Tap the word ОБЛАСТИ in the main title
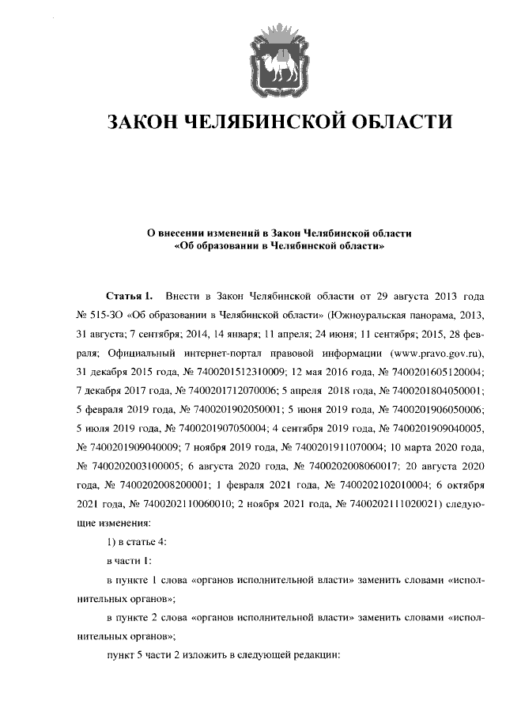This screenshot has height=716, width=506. [x=401, y=123]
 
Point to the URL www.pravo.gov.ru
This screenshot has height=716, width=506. [x=430, y=351]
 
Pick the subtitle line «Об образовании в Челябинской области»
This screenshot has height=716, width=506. [x=280, y=247]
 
